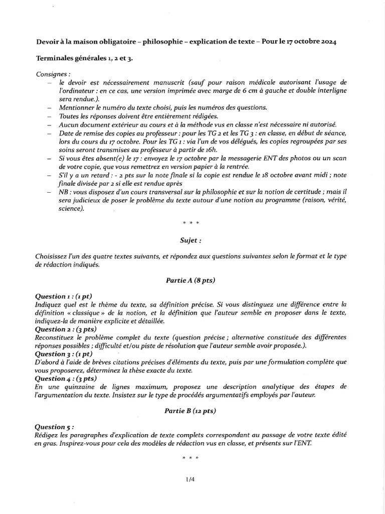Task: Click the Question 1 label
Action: tap(63, 296)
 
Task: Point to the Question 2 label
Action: tap(65, 329)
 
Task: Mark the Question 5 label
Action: tap(56, 427)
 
